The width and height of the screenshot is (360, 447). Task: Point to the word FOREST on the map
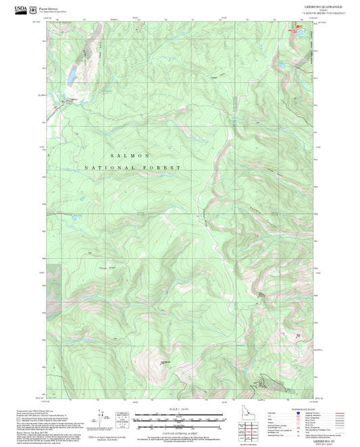tap(166, 167)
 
